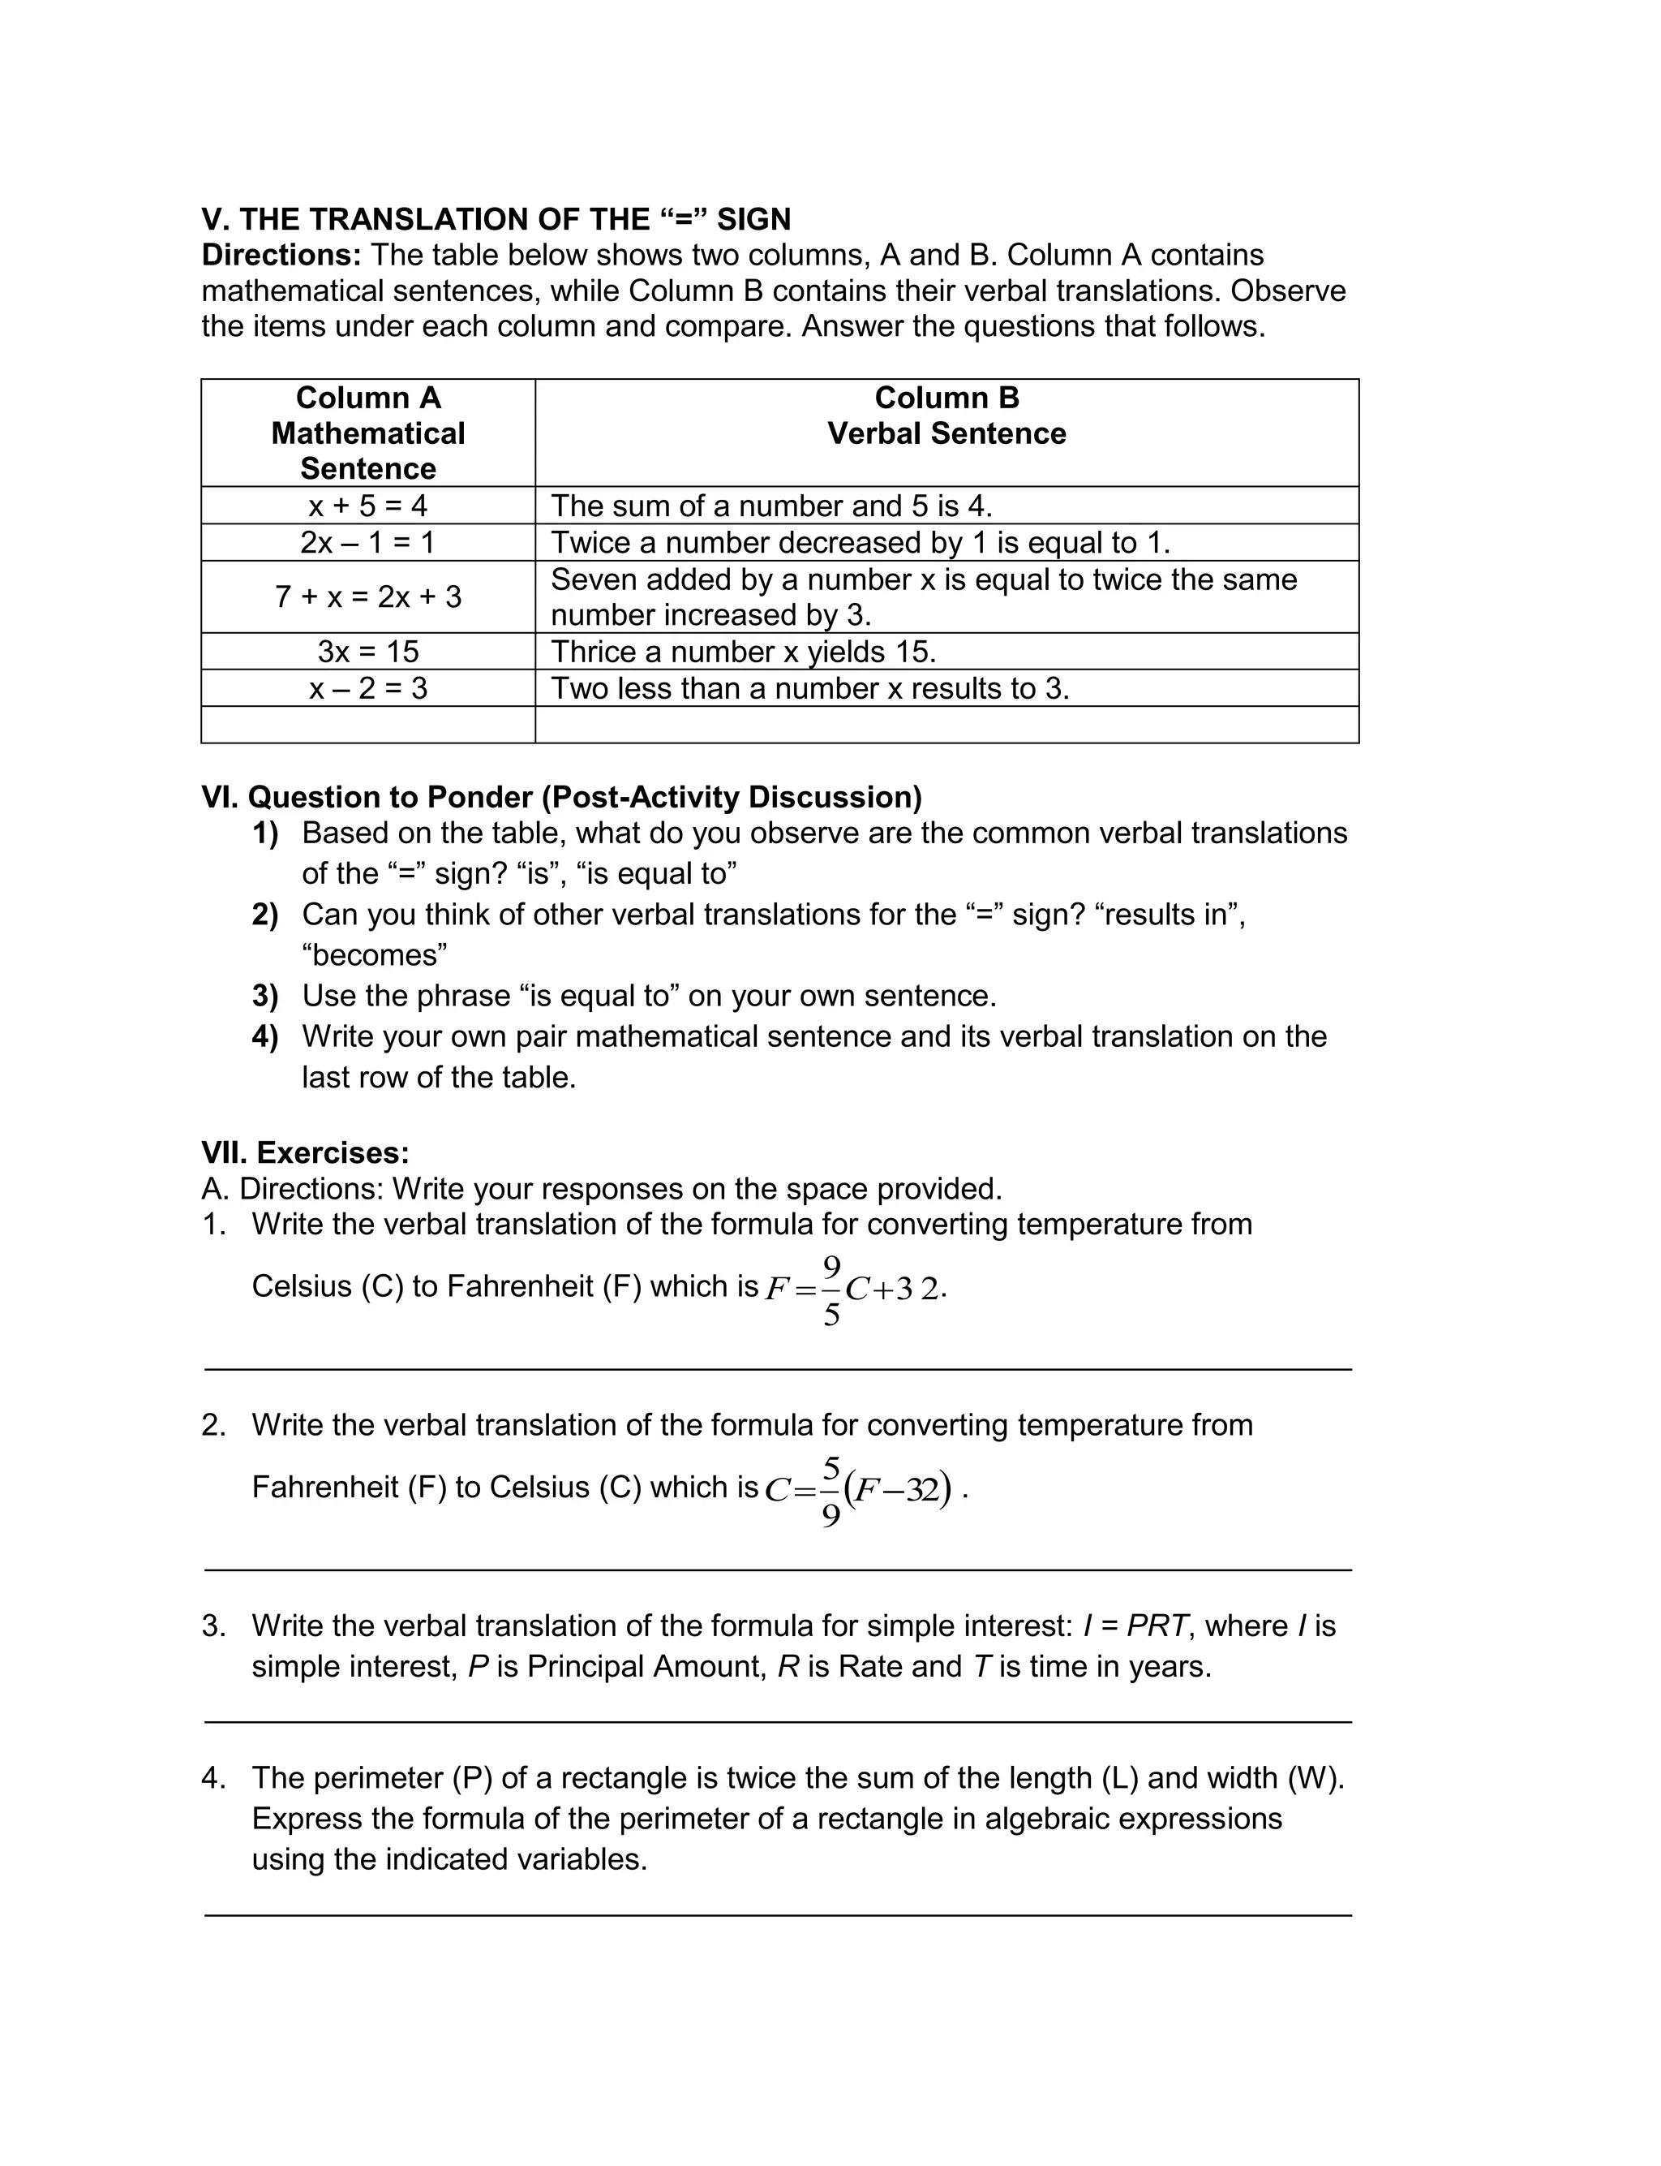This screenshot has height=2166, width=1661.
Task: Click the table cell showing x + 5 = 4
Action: click(367, 506)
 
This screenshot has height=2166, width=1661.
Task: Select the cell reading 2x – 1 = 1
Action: click(367, 543)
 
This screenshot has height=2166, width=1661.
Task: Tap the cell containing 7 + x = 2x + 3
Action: click(367, 597)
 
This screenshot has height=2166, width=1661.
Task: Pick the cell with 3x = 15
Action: click(367, 652)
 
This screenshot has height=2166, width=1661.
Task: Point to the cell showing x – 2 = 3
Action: click(367, 688)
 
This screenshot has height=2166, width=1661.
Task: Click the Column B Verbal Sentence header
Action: click(946, 416)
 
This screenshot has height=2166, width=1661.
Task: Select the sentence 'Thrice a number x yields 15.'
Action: click(743, 652)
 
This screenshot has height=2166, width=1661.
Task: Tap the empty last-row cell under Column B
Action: click(946, 725)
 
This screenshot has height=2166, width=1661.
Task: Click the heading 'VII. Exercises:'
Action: click(304, 1153)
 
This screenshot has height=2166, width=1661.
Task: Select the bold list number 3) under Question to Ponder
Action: click(265, 996)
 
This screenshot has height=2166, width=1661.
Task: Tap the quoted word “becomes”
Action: click(375, 955)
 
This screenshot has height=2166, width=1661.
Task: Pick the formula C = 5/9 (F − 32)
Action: click(858, 1489)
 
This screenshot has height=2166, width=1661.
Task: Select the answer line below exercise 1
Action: click(777, 1370)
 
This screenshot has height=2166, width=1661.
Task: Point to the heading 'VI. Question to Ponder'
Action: click(560, 797)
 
